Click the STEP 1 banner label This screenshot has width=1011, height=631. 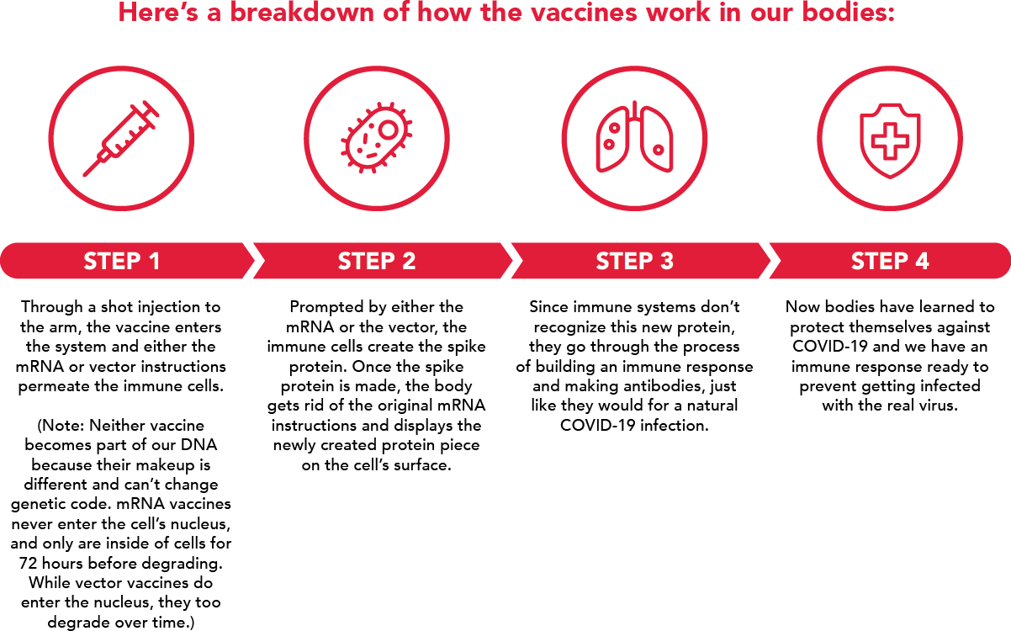(x=122, y=261)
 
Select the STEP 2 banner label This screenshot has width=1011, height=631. (x=377, y=261)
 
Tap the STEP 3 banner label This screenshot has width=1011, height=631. (x=634, y=261)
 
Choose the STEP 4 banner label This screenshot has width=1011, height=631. (x=890, y=261)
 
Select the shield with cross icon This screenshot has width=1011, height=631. (x=889, y=140)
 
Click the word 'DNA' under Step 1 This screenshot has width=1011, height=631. (x=200, y=445)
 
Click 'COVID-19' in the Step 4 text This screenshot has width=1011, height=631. (x=829, y=347)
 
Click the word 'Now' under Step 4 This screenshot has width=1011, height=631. (x=802, y=307)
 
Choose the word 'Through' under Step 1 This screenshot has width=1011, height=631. (x=53, y=307)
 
